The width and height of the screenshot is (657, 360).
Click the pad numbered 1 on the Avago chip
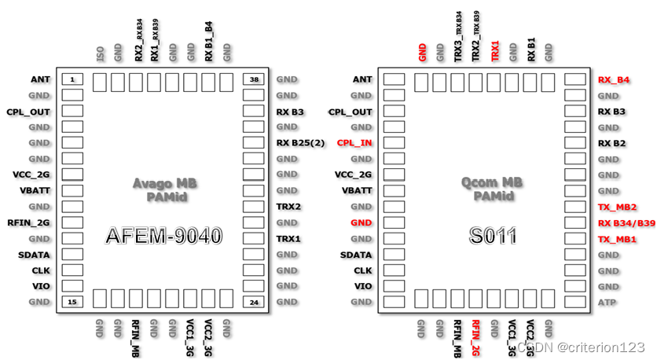pos(72,79)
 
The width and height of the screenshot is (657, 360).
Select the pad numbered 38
pos(254,79)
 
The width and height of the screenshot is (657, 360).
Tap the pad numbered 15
pos(72,302)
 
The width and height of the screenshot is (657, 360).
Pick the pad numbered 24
pos(254,302)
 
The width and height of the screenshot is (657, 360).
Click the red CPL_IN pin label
pos(354,143)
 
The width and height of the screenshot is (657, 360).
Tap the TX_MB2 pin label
pos(617,207)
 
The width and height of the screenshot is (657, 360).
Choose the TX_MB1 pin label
pos(617,239)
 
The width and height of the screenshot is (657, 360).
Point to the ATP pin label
pos(606,302)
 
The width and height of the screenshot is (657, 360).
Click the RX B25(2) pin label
pos(301,143)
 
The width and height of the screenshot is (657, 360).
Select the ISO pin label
pos(100,53)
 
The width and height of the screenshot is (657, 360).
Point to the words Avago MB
pos(164,183)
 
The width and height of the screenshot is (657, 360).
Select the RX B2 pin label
pos(611,143)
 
